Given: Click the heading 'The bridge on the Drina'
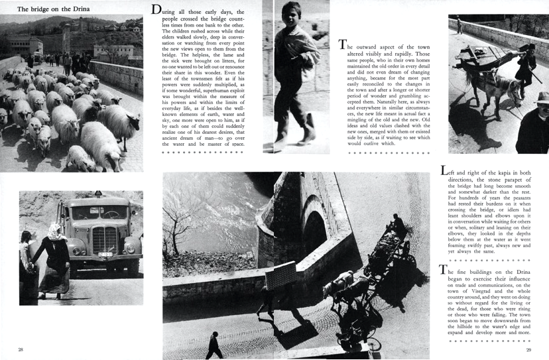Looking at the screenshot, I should click(54, 9).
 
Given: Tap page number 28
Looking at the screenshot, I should click(21, 349).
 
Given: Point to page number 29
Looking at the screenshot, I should click(528, 349).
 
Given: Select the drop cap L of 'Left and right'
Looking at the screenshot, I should click(444, 170).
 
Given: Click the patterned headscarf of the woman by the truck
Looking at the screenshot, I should click(54, 231).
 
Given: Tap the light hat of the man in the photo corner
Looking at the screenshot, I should click(542, 97).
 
